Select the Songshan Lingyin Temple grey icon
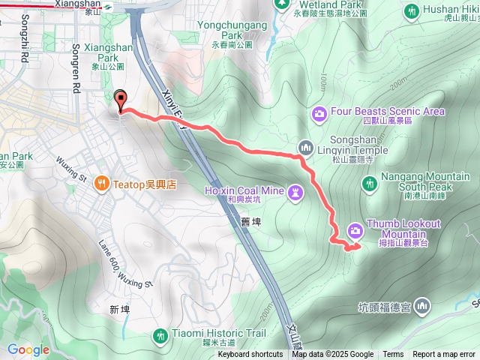tap(304, 147)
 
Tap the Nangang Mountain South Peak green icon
tap(369, 183)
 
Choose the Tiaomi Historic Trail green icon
tap(159, 336)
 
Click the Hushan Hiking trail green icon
tap(411, 10)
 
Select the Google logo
tap(28, 349)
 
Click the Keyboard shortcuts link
tap(250, 355)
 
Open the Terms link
tap(393, 355)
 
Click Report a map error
tap(445, 355)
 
